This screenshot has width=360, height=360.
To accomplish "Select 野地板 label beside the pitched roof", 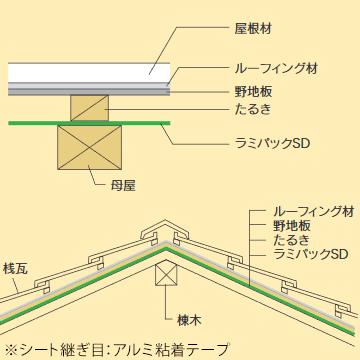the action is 294,227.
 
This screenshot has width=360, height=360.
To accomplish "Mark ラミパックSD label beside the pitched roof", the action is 308,256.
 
